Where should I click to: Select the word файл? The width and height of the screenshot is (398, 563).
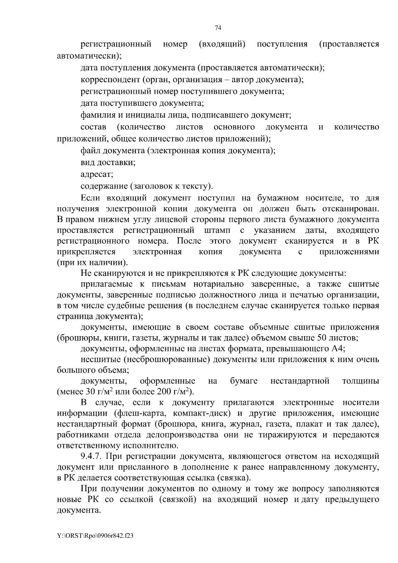click(x=90, y=151)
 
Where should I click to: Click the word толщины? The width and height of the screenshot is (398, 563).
click(x=361, y=381)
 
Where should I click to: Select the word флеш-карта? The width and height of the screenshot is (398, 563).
click(x=137, y=413)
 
